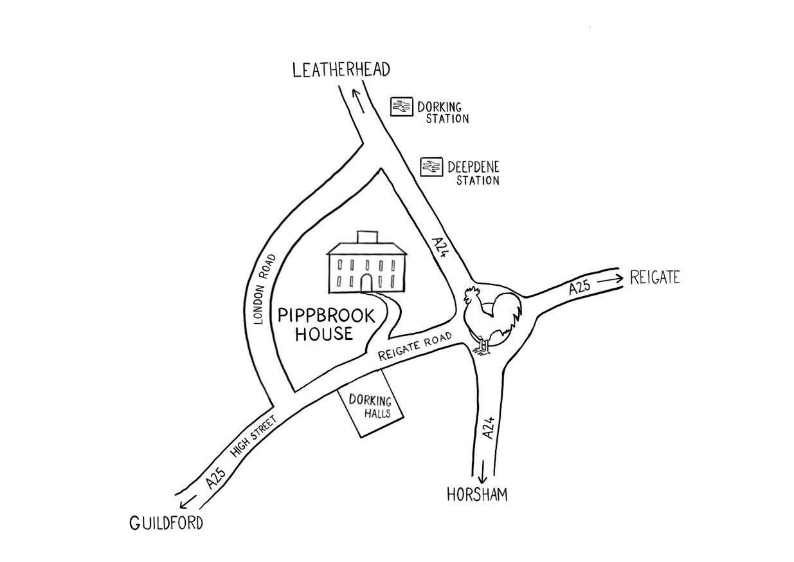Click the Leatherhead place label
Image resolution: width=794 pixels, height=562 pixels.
coord(341,70)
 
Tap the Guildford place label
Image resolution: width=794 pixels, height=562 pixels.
coord(166,523)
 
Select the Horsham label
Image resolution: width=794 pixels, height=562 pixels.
coord(477,494)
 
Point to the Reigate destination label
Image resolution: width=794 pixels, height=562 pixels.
coord(654,278)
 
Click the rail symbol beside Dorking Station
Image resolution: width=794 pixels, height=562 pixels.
coord(402,106)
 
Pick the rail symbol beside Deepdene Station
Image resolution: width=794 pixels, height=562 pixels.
coord(431,167)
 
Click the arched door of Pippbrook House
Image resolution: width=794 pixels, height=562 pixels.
coord(366,282)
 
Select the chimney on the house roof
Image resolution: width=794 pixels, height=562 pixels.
coord(366,237)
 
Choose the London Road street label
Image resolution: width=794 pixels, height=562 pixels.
coord(265,288)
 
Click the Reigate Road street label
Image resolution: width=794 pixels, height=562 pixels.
coord(415,346)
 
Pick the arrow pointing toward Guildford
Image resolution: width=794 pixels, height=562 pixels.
coord(188,501)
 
